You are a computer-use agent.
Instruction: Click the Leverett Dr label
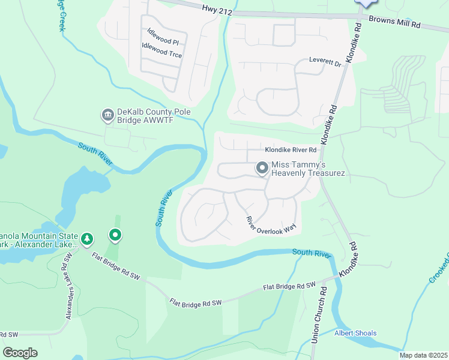(325, 61)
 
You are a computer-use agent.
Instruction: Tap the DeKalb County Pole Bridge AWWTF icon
(107, 114)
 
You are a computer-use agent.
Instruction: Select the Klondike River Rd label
(291, 149)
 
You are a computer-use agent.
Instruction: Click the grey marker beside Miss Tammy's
(262, 169)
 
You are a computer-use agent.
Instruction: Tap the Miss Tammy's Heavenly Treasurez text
(308, 169)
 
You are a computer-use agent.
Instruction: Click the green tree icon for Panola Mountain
(87, 239)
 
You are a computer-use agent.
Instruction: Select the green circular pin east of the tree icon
(115, 235)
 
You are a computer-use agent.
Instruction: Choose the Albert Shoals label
(355, 333)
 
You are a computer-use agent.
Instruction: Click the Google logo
(20, 353)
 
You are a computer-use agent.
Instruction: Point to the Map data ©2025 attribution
(423, 355)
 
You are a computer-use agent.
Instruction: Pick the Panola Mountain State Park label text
(39, 240)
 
